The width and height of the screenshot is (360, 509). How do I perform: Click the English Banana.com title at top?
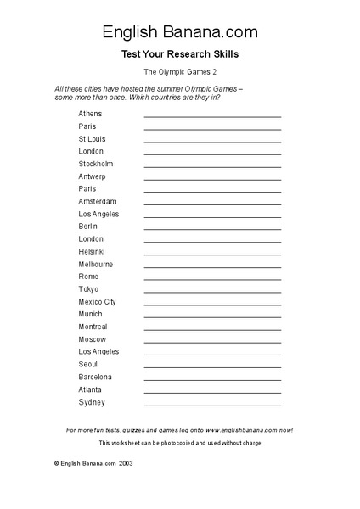coord(180,32)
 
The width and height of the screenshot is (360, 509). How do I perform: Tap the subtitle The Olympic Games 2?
coord(180,73)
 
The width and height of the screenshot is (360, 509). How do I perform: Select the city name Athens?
coord(89,114)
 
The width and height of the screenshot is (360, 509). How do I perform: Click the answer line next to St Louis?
coord(212,142)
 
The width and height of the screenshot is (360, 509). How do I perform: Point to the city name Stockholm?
coord(95,164)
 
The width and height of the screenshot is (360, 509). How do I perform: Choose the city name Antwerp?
coord(93,176)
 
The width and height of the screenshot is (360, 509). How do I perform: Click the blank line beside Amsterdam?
coord(212,204)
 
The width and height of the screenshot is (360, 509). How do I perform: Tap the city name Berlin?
coord(87,227)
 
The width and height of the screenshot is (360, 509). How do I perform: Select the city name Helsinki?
coord(92,252)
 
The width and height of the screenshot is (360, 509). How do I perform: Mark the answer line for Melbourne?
coord(212,267)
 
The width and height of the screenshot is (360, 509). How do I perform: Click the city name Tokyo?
coord(88,289)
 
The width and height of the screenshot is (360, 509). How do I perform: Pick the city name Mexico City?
coord(97,302)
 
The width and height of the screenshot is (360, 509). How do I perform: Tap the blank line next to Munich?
coord(212,317)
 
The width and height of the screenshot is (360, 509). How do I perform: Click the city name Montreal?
coord(93,327)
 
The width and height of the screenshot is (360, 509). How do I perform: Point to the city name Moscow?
coord(92,339)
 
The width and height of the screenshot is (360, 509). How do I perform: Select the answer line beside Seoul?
coord(212,367)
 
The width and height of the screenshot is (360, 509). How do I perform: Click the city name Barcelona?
coord(95,377)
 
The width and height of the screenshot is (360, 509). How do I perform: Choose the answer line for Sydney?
coord(212,405)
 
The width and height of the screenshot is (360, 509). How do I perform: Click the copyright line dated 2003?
coord(93,464)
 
